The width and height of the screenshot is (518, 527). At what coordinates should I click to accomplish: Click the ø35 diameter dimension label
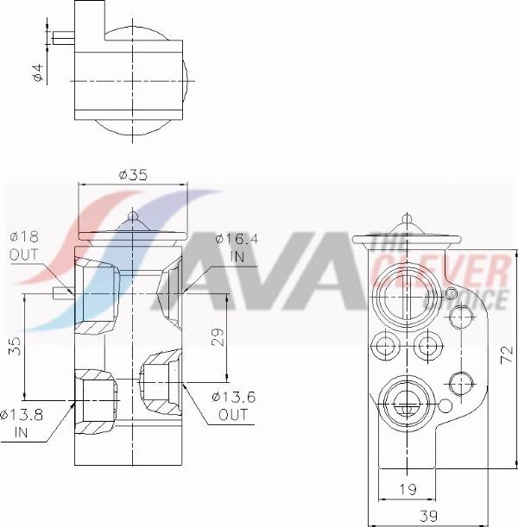133,175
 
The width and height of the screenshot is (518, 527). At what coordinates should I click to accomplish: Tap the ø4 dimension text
38,72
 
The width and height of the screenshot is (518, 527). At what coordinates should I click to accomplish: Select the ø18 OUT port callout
24,246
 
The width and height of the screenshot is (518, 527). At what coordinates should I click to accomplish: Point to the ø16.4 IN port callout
237,248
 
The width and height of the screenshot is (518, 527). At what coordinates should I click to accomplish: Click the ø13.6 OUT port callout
233,405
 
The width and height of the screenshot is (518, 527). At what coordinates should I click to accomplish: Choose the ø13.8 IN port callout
22,423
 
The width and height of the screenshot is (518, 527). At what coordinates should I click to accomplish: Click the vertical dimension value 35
16,346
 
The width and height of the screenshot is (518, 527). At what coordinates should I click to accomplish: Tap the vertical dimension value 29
218,337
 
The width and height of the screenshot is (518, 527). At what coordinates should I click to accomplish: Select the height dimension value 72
506,355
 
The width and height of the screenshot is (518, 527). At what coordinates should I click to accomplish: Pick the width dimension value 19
407,489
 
